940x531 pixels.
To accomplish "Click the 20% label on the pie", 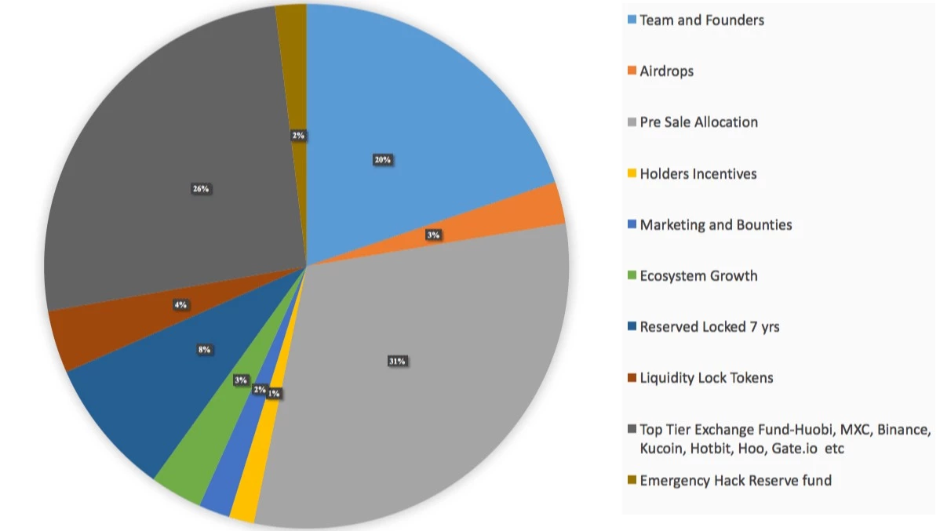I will (383, 160).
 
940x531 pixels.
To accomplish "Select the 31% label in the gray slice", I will (396, 362).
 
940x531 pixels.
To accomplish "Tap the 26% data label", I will (201, 189).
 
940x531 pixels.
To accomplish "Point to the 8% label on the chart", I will (205, 350).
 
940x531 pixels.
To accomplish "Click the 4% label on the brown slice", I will (180, 304).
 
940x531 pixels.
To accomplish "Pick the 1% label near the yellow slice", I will (274, 394).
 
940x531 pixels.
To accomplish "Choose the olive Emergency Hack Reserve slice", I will (291, 63).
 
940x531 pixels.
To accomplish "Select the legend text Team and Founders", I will (701, 20).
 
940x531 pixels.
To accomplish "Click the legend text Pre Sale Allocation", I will (698, 122).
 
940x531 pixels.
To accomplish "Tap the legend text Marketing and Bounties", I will (716, 225).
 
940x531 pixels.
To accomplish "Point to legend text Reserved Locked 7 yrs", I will (709, 327).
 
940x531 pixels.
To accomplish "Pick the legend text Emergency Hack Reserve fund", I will (735, 480).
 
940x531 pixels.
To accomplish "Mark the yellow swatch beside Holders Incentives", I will (631, 174).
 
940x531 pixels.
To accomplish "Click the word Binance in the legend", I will (902, 430).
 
